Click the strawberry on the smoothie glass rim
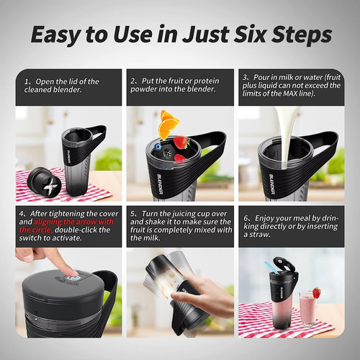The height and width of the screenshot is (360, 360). (316, 292)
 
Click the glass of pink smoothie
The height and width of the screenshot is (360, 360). (308, 310)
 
